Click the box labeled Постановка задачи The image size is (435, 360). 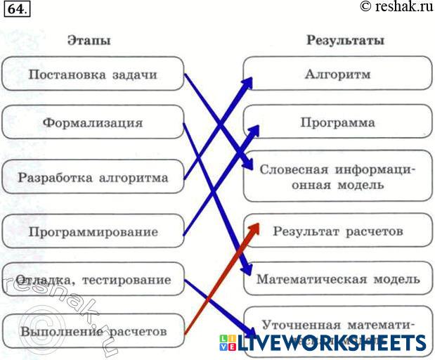[x=93, y=74]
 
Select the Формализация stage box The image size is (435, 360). [x=93, y=122]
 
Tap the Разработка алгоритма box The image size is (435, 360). [x=93, y=176]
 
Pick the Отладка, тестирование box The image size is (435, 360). [x=93, y=279]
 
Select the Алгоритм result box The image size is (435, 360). [x=338, y=73]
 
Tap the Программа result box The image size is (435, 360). [x=338, y=122]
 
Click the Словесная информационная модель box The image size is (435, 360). [x=338, y=176]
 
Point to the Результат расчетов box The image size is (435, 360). [x=338, y=231]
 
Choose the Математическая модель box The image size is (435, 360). [x=338, y=278]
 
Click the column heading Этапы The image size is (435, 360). [x=89, y=40]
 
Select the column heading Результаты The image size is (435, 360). [x=345, y=40]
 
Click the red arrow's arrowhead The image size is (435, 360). [x=254, y=229]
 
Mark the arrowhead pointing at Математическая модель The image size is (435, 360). [x=246, y=271]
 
